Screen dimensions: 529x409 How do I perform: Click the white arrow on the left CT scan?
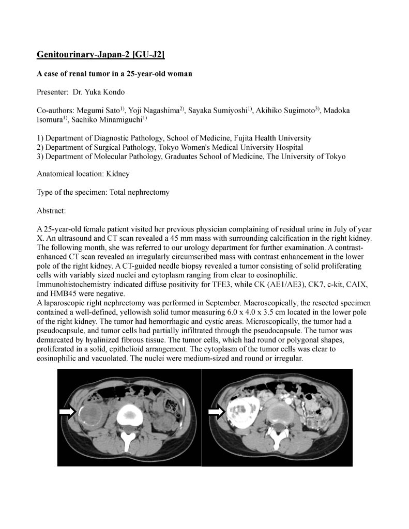pos(67,411)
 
